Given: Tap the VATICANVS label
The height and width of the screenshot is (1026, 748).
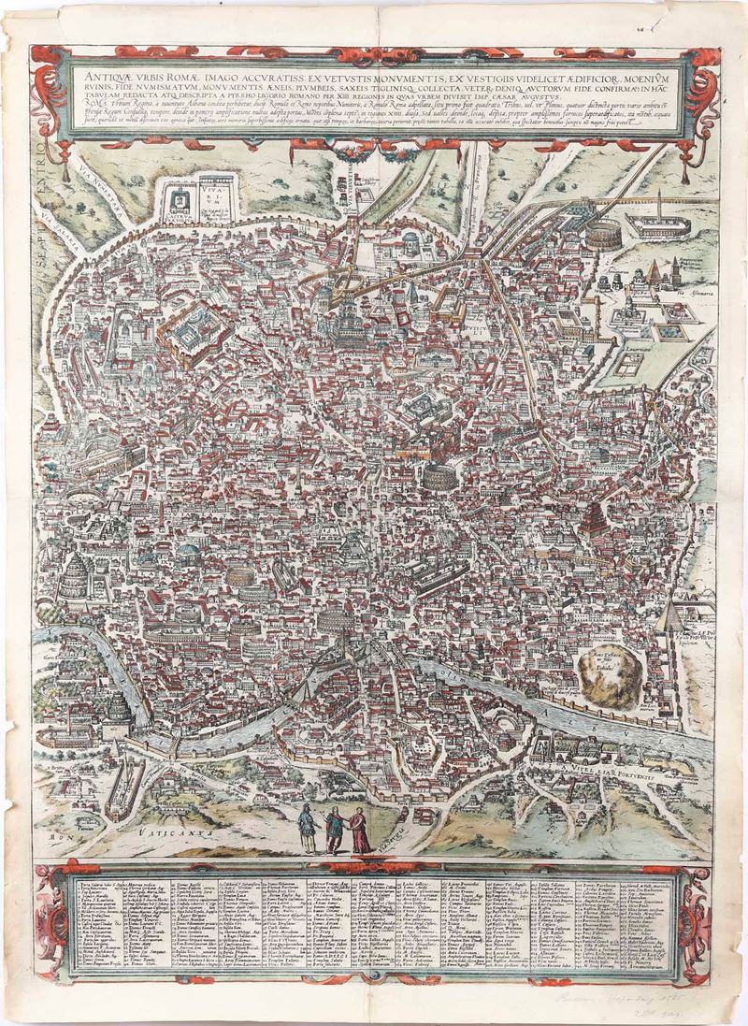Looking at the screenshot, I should pyautogui.click(x=181, y=829).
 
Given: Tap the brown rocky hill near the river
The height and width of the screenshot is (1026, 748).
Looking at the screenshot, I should pyautogui.click(x=607, y=667).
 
